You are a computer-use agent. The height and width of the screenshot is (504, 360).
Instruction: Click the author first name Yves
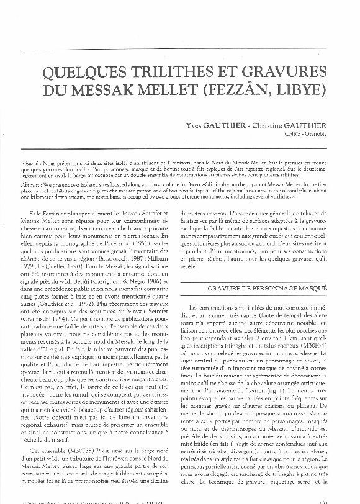197,125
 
